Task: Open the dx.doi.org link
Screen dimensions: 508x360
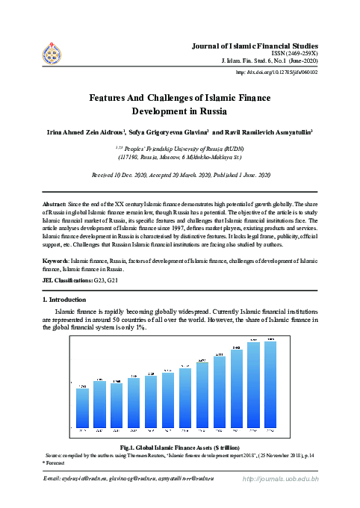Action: pos(277,72)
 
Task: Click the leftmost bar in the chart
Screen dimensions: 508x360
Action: pos(83,407)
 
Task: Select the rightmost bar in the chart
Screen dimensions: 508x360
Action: pos(270,384)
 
